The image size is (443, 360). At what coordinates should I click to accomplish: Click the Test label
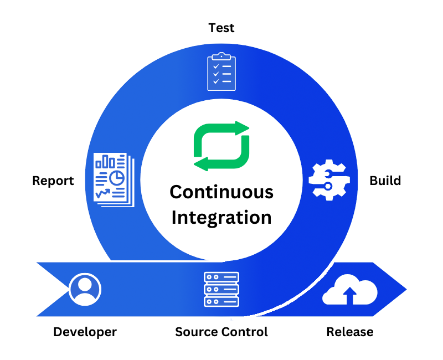point(221,28)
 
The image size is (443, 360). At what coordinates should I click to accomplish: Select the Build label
point(385,181)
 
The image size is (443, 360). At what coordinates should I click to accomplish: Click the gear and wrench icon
point(327,180)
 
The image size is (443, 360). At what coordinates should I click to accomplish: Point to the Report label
point(53,181)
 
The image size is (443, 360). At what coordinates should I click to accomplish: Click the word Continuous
point(221,192)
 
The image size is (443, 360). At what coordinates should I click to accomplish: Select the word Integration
point(221,217)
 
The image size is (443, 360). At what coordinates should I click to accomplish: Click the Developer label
point(85,332)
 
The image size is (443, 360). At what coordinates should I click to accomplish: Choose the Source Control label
point(221,332)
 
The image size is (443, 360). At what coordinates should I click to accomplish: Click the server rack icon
point(221,289)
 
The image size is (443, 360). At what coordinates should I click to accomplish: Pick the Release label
point(350,332)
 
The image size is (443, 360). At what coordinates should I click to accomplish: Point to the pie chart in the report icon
point(116,178)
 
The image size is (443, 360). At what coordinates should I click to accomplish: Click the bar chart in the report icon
point(105,162)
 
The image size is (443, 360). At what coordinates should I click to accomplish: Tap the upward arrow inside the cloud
point(350,296)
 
